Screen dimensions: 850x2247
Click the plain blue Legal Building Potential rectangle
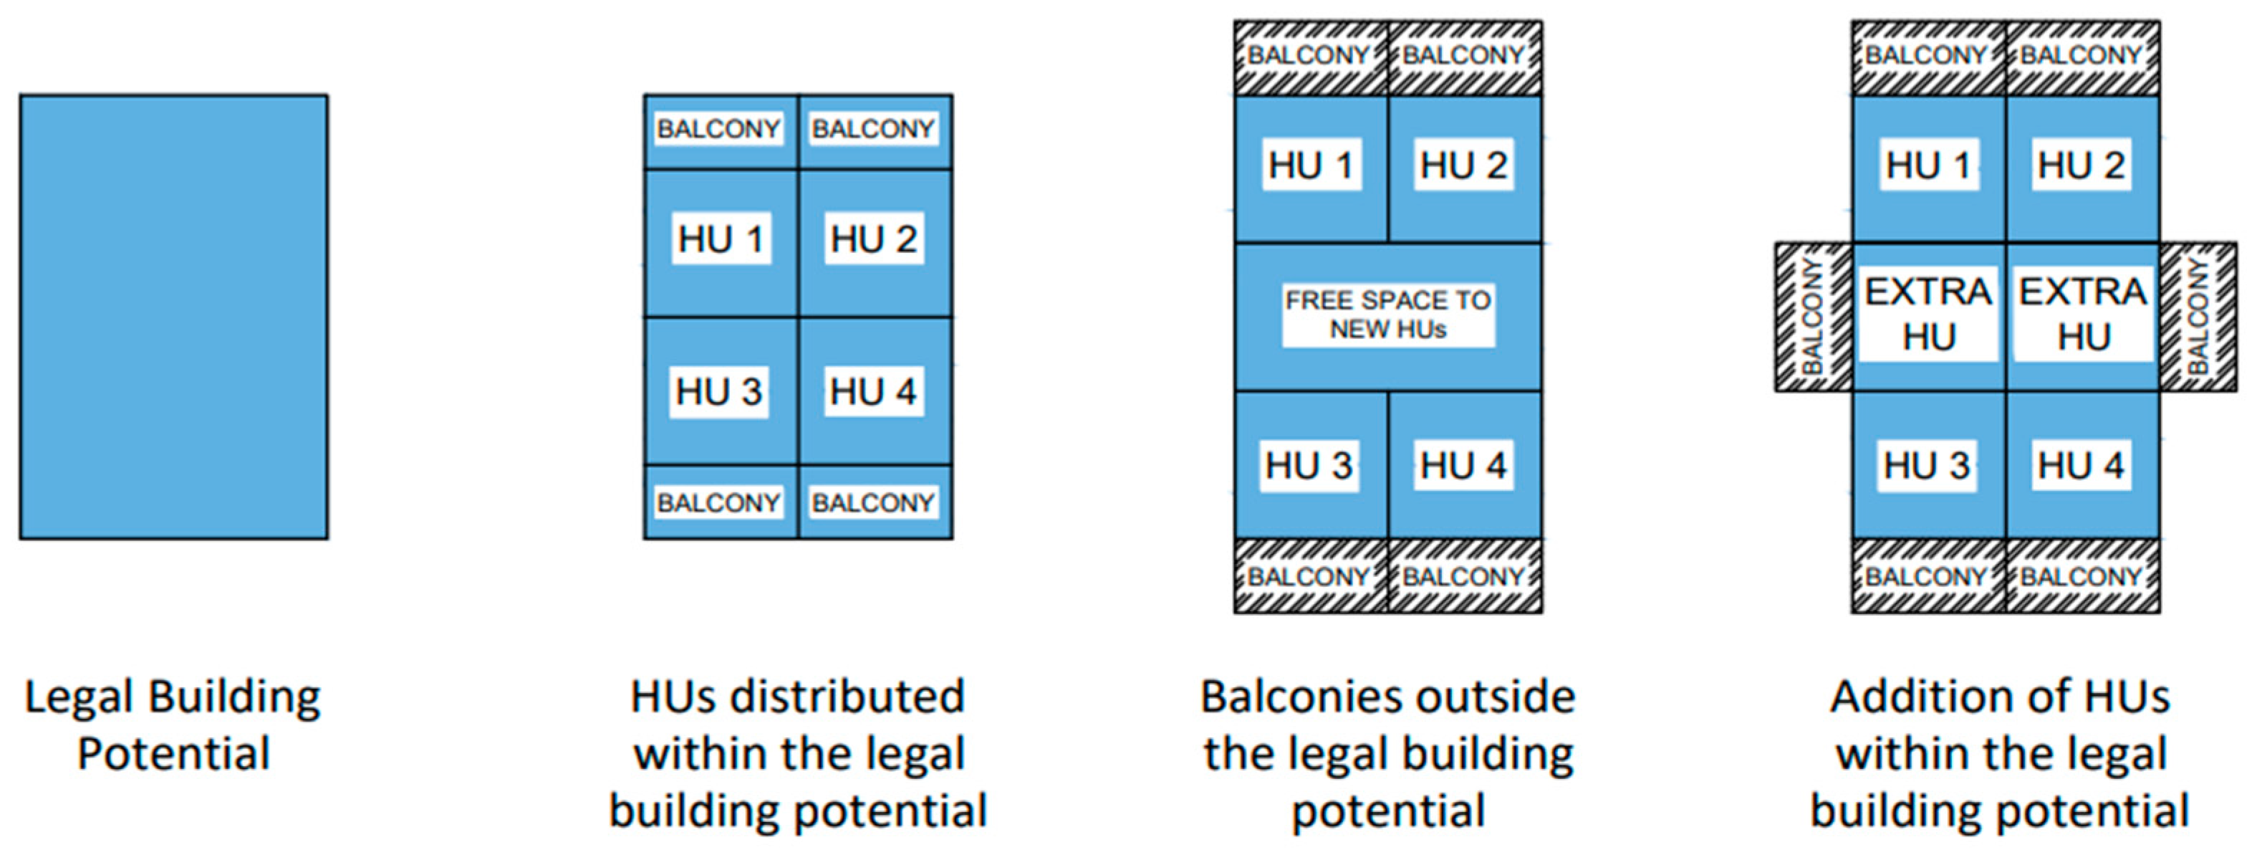[173, 317]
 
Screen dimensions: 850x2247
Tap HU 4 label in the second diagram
[873, 392]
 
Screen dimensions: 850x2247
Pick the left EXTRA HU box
[1928, 314]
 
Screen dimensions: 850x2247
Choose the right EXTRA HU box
[2083, 314]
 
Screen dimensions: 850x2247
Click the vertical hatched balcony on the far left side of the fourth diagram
[1814, 317]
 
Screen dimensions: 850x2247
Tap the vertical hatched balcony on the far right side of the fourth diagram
[2198, 317]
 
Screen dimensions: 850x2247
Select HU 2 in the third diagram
[1463, 165]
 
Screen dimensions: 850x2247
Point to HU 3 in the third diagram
[1309, 465]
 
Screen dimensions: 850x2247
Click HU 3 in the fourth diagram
[1927, 465]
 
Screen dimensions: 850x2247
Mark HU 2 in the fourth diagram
[2082, 165]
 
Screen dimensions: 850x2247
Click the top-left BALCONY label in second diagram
[718, 129]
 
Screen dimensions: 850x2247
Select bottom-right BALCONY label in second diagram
[873, 502]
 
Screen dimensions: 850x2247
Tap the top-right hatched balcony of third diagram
[1463, 56]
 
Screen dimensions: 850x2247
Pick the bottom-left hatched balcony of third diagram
[1309, 577]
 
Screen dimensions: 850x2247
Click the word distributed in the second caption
[846, 697]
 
